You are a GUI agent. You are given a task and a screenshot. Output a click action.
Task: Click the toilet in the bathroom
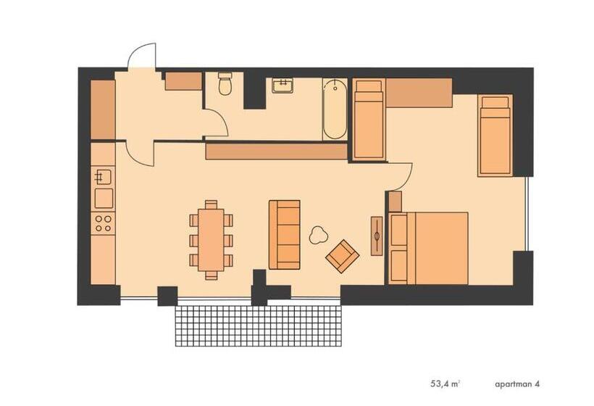click(x=225, y=86)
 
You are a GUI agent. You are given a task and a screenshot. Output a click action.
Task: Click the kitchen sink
click(x=103, y=176)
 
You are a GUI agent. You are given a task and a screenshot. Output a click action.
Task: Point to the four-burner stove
click(x=103, y=222)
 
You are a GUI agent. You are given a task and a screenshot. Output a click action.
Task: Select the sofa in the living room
click(x=284, y=234)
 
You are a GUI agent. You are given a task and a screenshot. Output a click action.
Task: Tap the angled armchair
click(x=342, y=255)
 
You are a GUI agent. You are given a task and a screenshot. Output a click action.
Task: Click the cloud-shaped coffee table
click(x=317, y=235)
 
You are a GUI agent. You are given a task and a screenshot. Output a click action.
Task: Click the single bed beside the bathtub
click(x=369, y=120)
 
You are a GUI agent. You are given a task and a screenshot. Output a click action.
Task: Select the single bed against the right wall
click(x=495, y=135)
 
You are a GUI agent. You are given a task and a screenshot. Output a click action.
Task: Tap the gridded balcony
click(x=259, y=326)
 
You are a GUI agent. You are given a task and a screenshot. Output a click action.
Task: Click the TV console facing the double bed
click(x=377, y=235)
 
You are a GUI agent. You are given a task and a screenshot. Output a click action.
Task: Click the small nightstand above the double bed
click(x=395, y=201)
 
